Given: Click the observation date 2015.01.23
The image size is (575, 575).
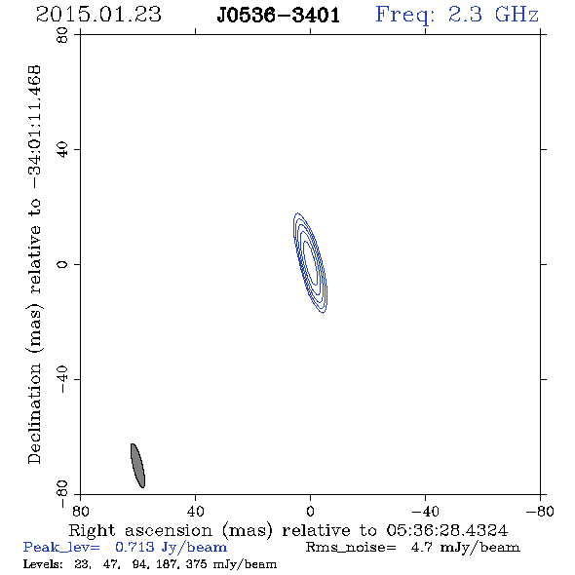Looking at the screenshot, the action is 98,15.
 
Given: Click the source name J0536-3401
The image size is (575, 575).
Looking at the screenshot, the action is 279,16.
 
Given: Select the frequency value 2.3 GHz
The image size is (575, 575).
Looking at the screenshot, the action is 493,15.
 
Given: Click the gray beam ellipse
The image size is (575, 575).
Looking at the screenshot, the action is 137,466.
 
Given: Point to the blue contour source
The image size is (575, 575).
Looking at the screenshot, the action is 310,263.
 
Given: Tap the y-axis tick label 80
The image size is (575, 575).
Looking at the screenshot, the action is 62,35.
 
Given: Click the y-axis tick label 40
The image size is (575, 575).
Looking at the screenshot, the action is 62,150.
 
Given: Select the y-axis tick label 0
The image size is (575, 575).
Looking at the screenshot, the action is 62,264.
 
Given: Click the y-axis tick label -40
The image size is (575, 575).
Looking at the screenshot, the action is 62,379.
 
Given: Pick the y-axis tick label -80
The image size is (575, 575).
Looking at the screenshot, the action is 62,494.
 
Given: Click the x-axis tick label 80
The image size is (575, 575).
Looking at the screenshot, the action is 80,511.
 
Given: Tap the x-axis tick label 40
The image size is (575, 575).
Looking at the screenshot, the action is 196,511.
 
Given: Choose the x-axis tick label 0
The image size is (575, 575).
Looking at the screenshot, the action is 310,511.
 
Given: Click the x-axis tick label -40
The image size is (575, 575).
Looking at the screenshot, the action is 425,511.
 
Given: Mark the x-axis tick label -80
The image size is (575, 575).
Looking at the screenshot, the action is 540,511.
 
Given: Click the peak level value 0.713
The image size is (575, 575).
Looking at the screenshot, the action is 134,547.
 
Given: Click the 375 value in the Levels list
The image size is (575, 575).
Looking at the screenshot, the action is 197,563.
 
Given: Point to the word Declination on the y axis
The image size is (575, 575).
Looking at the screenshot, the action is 34,413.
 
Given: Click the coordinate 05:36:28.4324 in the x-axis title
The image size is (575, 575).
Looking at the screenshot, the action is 447,530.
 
